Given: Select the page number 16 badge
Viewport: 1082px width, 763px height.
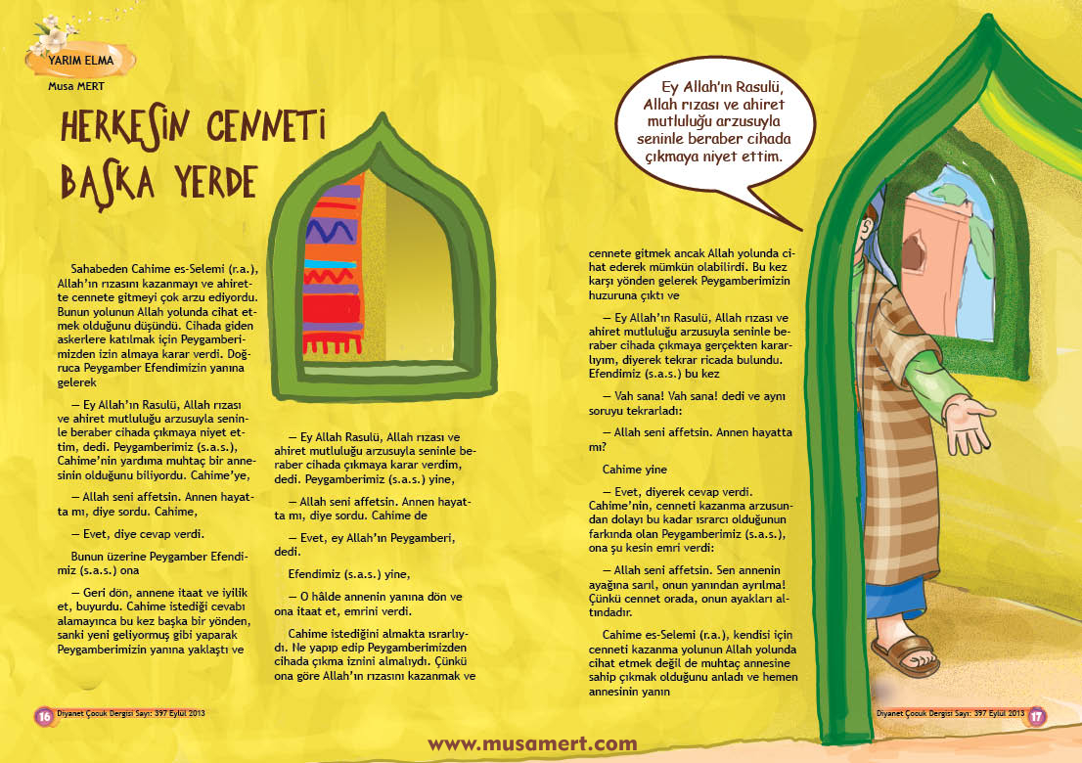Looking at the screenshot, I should (x=43, y=715).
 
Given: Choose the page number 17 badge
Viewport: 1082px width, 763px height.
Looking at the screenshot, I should (x=1037, y=715).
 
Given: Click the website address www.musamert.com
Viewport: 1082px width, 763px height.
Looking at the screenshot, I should (x=532, y=743).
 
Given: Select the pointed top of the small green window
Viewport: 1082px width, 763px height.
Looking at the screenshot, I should (x=381, y=122).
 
